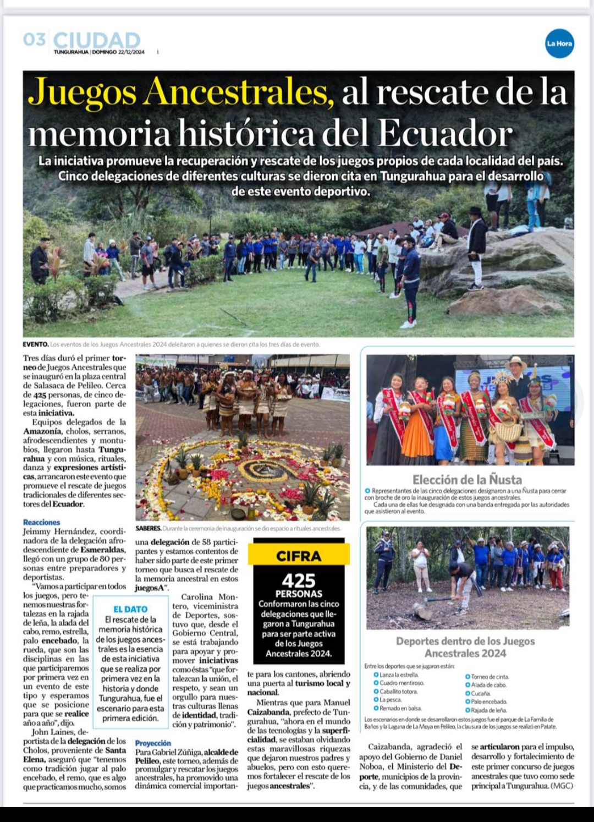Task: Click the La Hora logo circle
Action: click(x=559, y=43)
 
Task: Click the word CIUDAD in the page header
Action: click(x=97, y=40)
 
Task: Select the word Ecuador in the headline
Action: click(x=446, y=133)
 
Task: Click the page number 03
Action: click(x=34, y=40)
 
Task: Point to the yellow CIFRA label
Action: click(x=299, y=556)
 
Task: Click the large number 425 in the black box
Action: click(x=299, y=580)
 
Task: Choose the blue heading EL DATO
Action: click(x=130, y=609)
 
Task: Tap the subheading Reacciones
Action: click(x=42, y=522)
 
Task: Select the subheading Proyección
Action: click(x=153, y=743)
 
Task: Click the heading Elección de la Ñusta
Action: click(x=467, y=479)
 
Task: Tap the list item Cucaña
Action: click(x=480, y=693)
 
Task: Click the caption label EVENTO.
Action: click(x=36, y=344)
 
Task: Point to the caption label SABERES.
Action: click(x=148, y=528)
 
